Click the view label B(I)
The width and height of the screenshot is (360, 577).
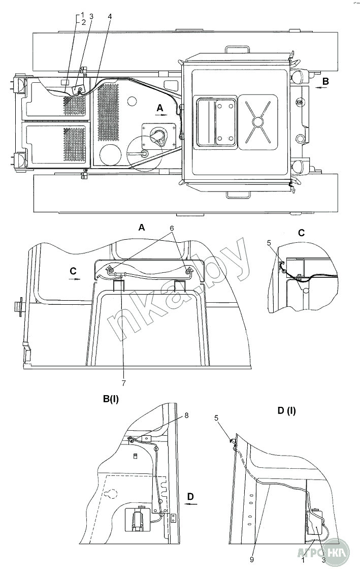111,399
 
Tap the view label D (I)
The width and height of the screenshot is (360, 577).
286,410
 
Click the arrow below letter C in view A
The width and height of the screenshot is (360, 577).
75,278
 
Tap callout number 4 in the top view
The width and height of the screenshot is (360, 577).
110,16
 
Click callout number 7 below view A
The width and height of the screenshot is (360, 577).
123,383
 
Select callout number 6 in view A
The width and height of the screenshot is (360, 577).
171,238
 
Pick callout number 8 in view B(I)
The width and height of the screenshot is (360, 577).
187,415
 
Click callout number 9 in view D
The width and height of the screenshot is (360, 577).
251,560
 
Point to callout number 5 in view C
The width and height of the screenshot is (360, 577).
269,243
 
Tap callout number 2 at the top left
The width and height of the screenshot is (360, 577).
83,22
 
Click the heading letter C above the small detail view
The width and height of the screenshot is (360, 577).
302,233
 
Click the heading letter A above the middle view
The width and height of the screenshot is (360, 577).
141,228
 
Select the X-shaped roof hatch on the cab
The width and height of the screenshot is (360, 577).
258,121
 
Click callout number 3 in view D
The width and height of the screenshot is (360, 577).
323,560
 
